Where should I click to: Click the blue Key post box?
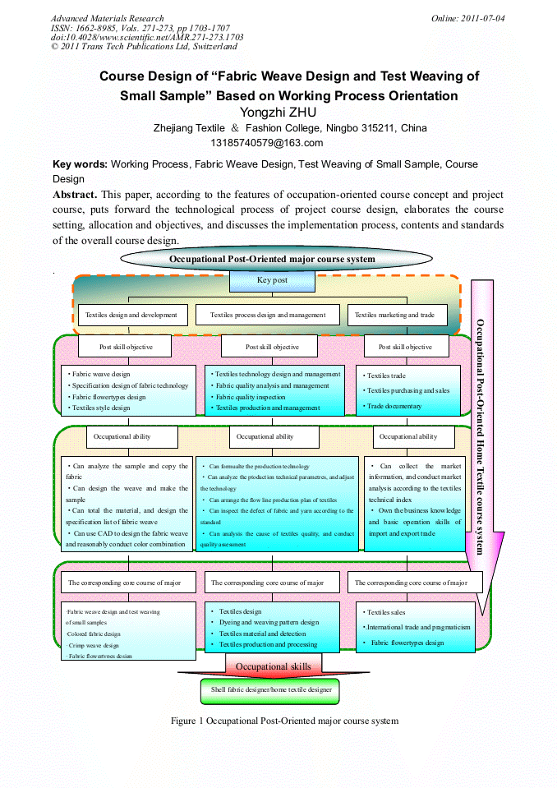click(x=272, y=280)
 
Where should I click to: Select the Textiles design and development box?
click(x=131, y=315)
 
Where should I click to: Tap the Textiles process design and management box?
click(x=268, y=315)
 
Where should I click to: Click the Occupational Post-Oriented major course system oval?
click(x=272, y=259)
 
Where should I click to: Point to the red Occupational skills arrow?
click(x=273, y=666)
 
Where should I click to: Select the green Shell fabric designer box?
click(x=271, y=690)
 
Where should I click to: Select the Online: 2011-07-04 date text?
click(x=467, y=18)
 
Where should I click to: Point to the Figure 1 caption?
click(x=284, y=721)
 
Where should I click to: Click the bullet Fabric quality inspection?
click(x=250, y=397)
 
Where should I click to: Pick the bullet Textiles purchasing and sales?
click(x=407, y=391)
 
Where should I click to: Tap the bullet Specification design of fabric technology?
click(x=129, y=385)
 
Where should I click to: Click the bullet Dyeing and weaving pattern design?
click(x=269, y=622)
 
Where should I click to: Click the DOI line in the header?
click(x=147, y=37)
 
